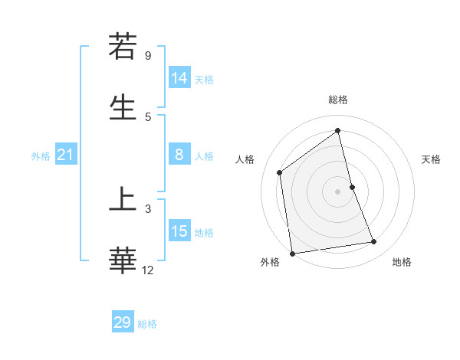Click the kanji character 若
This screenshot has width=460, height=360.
pyautogui.click(x=123, y=47)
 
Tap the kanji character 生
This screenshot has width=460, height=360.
pyautogui.click(x=123, y=106)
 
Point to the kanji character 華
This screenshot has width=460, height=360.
pyautogui.click(x=123, y=260)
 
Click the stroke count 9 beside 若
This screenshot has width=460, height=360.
pyautogui.click(x=147, y=56)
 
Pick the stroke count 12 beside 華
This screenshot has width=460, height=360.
pyautogui.click(x=147, y=270)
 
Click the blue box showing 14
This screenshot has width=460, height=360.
pyautogui.click(x=179, y=78)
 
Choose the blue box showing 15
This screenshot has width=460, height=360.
pyautogui.click(x=179, y=231)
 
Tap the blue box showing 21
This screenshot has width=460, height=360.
pyautogui.click(x=65, y=155)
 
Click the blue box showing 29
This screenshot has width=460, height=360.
pyautogui.click(x=122, y=322)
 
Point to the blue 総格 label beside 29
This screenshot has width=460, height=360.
pyautogui.click(x=148, y=324)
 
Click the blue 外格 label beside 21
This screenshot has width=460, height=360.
pyautogui.click(x=41, y=156)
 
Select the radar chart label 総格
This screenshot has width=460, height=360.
pyautogui.click(x=338, y=100)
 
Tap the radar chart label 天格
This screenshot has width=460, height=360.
pyautogui.click(x=432, y=159)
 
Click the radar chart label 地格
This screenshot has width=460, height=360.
pyautogui.click(x=402, y=262)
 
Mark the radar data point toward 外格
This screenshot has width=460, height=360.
pyautogui.click(x=291, y=253)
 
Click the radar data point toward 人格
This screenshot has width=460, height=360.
pyautogui.click(x=280, y=172)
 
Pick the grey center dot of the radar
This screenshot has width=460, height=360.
pyautogui.click(x=338, y=191)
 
